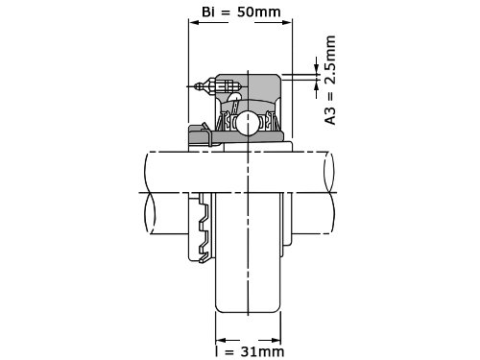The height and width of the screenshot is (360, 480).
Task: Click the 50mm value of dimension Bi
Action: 259,12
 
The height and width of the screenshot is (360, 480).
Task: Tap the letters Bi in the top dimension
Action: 208,12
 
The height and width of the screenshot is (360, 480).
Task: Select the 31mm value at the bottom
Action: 262,351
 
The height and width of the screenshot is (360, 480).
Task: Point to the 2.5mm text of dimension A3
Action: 330,60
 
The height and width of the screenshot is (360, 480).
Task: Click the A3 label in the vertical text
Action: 330,116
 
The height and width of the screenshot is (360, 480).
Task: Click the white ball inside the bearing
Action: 247,123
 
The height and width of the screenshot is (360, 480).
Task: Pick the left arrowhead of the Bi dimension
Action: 194,22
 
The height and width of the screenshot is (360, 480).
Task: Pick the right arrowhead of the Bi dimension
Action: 287,22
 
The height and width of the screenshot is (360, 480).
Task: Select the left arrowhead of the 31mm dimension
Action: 221,340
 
